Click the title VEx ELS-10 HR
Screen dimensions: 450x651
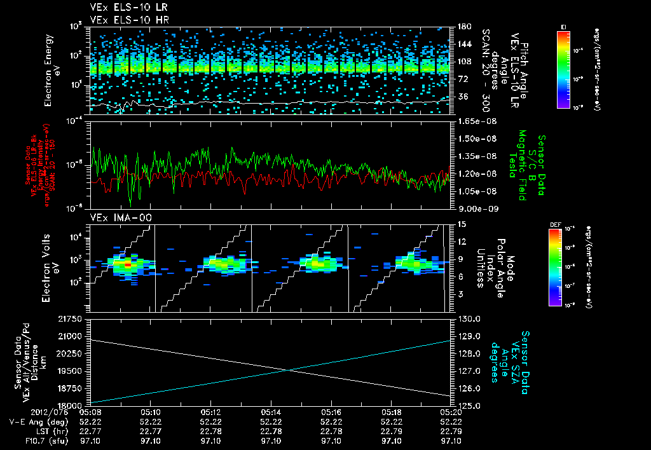tap(123, 20)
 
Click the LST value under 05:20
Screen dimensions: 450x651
tap(451, 431)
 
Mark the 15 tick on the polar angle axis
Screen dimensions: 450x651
tap(461, 224)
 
